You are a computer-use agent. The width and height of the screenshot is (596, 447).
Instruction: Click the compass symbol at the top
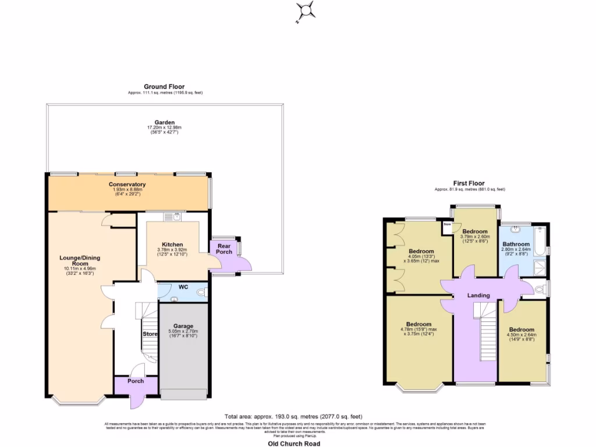point(304,11)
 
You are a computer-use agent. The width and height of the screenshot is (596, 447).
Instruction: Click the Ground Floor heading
point(165,87)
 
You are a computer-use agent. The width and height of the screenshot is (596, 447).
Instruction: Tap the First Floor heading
point(469,183)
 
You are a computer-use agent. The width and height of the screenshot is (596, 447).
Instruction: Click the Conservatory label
point(127,185)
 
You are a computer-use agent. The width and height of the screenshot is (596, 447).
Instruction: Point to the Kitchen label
point(173,244)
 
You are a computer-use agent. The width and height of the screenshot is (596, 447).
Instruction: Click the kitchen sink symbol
point(173,217)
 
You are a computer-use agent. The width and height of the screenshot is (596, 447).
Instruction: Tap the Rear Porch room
point(224,248)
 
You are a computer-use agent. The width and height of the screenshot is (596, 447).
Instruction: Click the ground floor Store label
point(150,334)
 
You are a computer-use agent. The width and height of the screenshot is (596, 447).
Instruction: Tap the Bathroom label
point(516,244)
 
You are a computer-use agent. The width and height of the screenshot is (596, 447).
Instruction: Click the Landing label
point(478,296)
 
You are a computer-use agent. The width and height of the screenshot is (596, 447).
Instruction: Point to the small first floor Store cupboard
point(447,227)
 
